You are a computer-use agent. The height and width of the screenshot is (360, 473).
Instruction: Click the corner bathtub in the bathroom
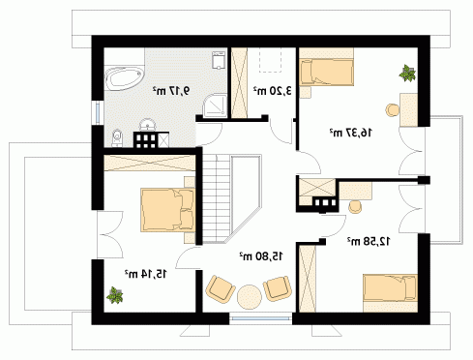pyautogui.click(x=124, y=77)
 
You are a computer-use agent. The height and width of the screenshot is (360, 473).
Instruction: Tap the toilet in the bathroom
pyautogui.click(x=116, y=137)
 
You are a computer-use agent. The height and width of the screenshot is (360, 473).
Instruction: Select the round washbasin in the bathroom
pyautogui.click(x=148, y=124)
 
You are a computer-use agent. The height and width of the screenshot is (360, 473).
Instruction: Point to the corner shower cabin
pyautogui.click(x=216, y=105)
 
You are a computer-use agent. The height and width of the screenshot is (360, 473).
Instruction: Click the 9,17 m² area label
pyautogui.click(x=170, y=90)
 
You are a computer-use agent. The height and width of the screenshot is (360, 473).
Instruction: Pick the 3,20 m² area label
pyautogui.click(x=272, y=91)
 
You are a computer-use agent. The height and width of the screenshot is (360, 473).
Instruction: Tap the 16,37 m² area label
pyautogui.click(x=350, y=132)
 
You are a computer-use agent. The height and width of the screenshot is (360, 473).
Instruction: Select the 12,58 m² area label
pyautogui.click(x=368, y=241)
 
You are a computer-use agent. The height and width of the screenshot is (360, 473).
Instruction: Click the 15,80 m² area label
pyautogui.click(x=260, y=256)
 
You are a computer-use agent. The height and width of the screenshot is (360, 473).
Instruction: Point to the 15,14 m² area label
pyautogui.click(x=146, y=274)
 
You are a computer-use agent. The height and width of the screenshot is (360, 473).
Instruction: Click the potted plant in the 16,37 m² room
pyautogui.click(x=407, y=73)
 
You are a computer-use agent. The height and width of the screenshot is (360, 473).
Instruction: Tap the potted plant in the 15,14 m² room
pyautogui.click(x=114, y=295)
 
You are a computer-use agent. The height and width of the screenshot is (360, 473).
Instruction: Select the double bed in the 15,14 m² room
pyautogui.click(x=167, y=210)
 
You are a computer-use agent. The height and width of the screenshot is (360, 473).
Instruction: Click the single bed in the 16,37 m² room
pyautogui.click(x=326, y=72)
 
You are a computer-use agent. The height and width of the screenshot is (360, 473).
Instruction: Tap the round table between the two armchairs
pyautogui.click(x=249, y=296)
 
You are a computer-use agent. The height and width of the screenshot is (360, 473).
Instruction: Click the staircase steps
pyautogui.click(x=216, y=198)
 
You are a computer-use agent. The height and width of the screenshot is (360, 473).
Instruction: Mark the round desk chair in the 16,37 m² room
pyautogui.click(x=393, y=109)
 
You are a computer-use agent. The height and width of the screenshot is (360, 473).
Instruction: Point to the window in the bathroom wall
pyautogui.click(x=98, y=112)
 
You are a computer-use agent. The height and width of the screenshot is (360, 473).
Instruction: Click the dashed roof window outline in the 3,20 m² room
pyautogui.click(x=271, y=59)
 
